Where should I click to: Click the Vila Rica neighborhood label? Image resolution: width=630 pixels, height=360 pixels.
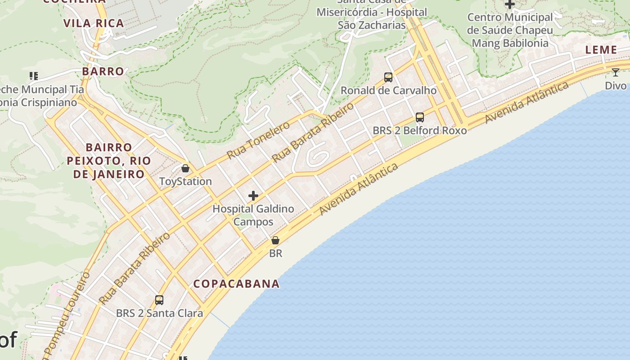point(94,23)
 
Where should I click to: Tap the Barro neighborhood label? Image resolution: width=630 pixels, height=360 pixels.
point(103,71)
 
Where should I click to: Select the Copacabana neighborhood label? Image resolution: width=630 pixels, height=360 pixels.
point(236,283)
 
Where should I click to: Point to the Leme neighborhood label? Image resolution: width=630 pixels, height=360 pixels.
point(601,50)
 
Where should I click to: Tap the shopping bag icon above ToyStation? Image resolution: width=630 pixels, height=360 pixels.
point(185,168)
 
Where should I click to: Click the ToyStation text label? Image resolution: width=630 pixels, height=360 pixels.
point(185,181)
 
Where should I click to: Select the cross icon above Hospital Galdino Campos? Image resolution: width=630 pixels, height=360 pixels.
point(253,196)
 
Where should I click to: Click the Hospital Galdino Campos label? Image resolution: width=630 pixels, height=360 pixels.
point(253,215)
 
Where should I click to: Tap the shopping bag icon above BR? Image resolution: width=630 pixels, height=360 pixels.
point(275,241)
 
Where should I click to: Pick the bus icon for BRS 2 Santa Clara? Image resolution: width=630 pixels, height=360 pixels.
point(159,300)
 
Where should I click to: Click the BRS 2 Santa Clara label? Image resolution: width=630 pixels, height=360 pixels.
point(159,313)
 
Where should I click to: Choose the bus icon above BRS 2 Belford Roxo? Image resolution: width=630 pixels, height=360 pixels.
point(420,117)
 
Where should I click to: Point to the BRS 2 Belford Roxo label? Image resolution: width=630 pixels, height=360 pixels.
point(420,130)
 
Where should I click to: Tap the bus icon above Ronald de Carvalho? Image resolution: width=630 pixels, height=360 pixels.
point(388,77)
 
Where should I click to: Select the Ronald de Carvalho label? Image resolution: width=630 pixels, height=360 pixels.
point(388,90)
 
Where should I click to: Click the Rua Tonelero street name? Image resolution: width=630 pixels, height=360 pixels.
point(258,139)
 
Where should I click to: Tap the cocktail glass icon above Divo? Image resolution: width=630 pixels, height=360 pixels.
point(616,72)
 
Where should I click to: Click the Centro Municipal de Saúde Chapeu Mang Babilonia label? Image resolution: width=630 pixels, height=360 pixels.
point(510,30)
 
